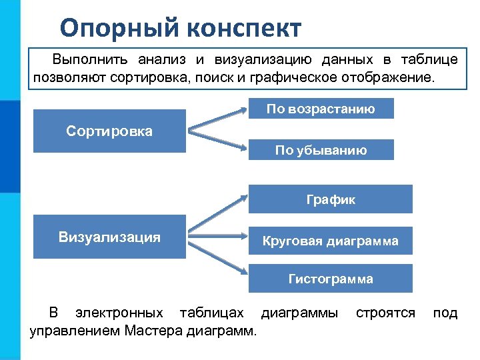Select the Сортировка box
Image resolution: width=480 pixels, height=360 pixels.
tap(109, 131)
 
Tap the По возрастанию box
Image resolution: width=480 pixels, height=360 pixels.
tap(321, 109)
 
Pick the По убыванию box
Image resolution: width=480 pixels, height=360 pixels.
tap(321, 150)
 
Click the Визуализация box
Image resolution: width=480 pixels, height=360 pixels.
tap(109, 237)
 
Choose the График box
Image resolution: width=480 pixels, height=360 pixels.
tap(331, 199)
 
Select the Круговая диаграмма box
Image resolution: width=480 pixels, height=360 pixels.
tap(331, 241)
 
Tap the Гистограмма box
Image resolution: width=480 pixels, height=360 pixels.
tap(331, 279)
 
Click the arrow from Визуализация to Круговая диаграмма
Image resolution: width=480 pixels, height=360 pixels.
tap(217, 239)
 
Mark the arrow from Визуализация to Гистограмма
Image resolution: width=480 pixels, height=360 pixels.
tap(217, 258)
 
